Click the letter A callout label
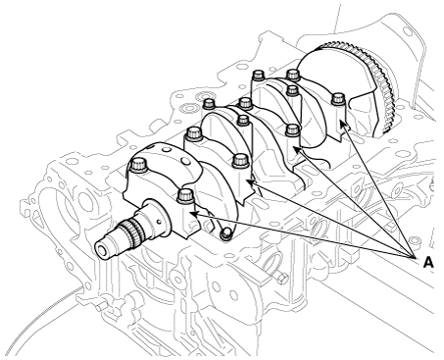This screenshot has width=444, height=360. tap(428, 262)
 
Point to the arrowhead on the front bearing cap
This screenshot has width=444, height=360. tap(193, 214)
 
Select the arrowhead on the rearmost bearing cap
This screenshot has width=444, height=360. tap(342, 124)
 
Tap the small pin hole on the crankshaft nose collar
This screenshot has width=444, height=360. tap(159, 222)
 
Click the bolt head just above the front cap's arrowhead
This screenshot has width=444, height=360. tap(185, 196)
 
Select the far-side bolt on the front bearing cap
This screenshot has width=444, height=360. tap(138, 164)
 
